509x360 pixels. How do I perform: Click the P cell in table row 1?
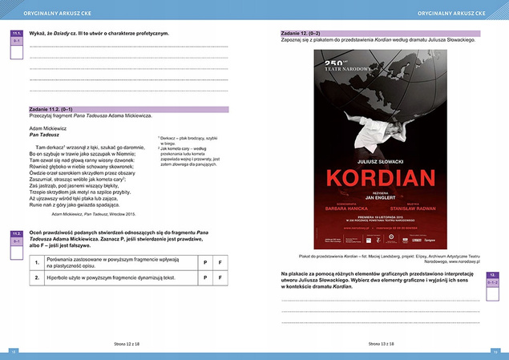pos(204,262)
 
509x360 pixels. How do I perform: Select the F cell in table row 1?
pos(220,262)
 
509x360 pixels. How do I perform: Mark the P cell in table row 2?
pos(204,277)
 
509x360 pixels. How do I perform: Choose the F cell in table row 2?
pos(220,277)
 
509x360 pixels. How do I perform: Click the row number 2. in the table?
pos(37,277)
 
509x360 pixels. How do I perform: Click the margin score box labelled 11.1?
pos(17,38)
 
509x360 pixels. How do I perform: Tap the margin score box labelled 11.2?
pos(17,240)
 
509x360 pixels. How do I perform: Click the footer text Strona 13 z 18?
pos(382,342)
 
